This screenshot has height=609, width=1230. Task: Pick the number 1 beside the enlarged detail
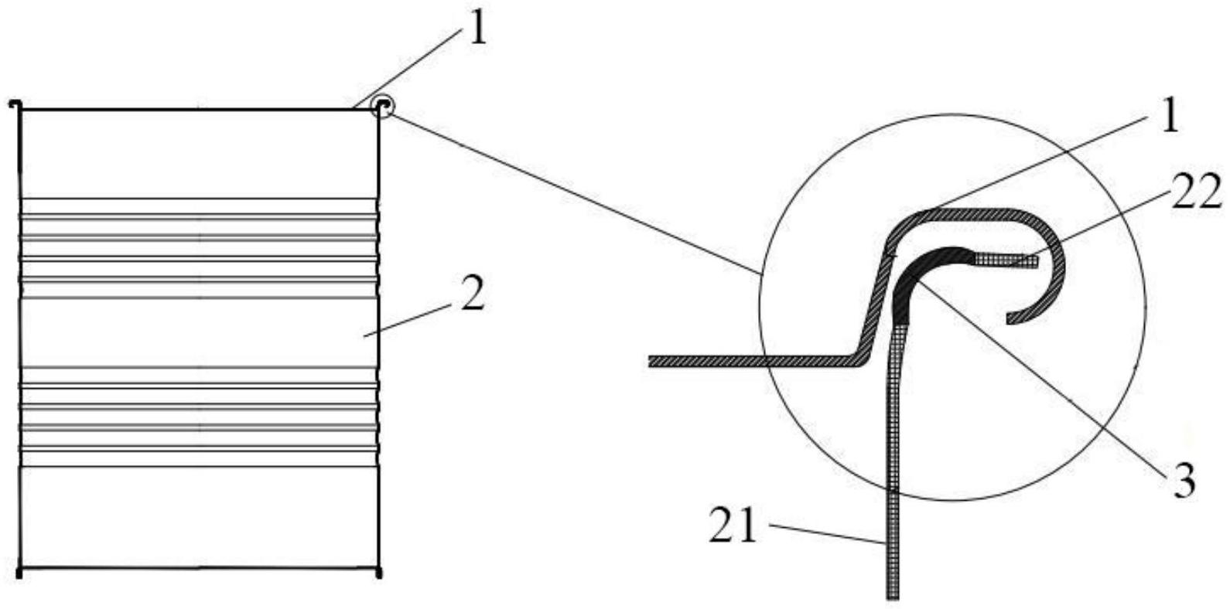[1168, 117]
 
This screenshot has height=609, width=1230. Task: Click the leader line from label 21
[828, 536]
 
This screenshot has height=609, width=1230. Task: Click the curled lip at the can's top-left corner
[15, 105]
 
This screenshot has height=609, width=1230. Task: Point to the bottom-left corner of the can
[19, 572]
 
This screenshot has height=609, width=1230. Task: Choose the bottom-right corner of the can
[379, 572]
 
